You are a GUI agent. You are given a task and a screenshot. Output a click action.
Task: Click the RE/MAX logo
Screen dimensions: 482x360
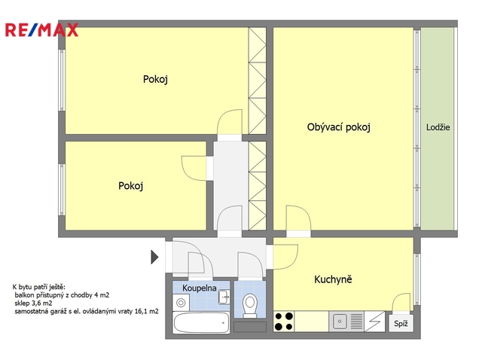coord(41,30)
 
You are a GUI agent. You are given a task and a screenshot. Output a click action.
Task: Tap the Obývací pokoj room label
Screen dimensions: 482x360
coord(338,127)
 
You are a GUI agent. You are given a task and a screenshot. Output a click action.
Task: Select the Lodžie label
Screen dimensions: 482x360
coord(438,127)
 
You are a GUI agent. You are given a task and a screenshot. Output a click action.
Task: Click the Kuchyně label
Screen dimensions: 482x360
coord(333,279)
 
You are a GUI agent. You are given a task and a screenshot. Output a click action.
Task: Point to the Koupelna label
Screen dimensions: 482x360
coord(199,288)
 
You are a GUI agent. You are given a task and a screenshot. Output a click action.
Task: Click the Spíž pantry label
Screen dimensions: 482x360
coord(401,323)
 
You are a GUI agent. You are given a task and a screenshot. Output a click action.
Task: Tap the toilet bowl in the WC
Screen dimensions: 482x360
coord(249,305)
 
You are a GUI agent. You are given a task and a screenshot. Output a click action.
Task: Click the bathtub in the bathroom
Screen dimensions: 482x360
coord(201,323)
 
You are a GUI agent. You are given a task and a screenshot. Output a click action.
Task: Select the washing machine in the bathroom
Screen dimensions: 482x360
coord(181,303)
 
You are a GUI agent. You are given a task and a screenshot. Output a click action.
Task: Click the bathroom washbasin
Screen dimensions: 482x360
coord(224,297)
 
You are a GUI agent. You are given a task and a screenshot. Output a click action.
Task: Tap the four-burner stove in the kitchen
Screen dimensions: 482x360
coord(284,322)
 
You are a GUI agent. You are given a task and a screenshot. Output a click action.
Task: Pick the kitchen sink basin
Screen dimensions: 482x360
coord(340,322)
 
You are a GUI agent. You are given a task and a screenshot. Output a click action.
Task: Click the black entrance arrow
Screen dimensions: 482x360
coord(154,257)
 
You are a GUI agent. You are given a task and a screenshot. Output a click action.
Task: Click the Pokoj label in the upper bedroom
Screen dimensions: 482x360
coord(155,79)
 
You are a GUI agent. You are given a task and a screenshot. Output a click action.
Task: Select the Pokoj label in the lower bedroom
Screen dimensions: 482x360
coord(130,186)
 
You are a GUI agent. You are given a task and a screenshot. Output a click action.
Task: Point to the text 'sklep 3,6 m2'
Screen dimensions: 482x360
coord(33,303)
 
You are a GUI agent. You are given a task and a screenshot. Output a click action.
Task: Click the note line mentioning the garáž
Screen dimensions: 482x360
coord(87,311)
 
